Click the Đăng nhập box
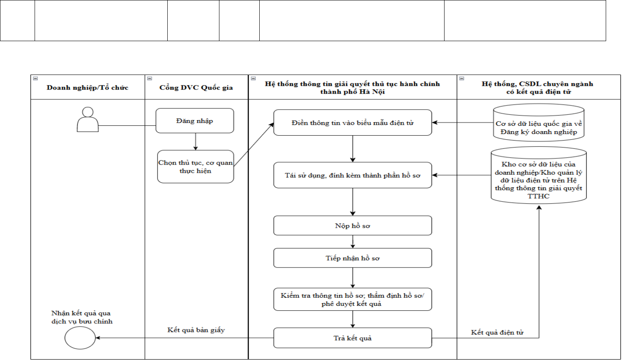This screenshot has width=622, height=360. (x=195, y=121)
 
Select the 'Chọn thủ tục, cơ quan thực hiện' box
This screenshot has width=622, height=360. (x=195, y=167)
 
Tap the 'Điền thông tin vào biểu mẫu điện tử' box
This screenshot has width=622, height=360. (x=353, y=123)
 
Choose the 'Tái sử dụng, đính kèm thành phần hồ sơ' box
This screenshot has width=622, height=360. (x=353, y=175)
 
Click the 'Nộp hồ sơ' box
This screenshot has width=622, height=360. (x=353, y=226)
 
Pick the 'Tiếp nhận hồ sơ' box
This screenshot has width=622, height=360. (x=353, y=258)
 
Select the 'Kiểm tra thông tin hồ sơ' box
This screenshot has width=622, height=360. (x=353, y=299)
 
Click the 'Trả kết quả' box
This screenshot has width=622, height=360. (x=353, y=338)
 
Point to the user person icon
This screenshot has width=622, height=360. (x=88, y=120)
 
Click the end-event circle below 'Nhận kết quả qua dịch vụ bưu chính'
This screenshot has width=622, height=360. (x=80, y=338)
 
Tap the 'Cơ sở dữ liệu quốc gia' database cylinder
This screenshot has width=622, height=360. (x=539, y=123)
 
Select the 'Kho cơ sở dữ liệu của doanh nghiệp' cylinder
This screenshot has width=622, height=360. (x=539, y=175)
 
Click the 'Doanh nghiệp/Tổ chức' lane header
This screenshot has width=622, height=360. (x=88, y=87)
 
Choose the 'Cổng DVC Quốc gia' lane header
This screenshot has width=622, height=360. (x=196, y=87)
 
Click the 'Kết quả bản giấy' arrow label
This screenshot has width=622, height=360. (x=196, y=330)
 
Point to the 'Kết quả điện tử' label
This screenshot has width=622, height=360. (x=497, y=332)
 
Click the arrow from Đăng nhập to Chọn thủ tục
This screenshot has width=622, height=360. (x=195, y=142)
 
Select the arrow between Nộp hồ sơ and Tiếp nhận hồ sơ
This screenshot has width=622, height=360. (x=353, y=241)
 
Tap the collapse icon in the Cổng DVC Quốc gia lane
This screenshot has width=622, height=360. (x=150, y=78)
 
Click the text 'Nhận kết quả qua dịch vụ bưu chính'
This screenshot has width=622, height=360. (x=82, y=317)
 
